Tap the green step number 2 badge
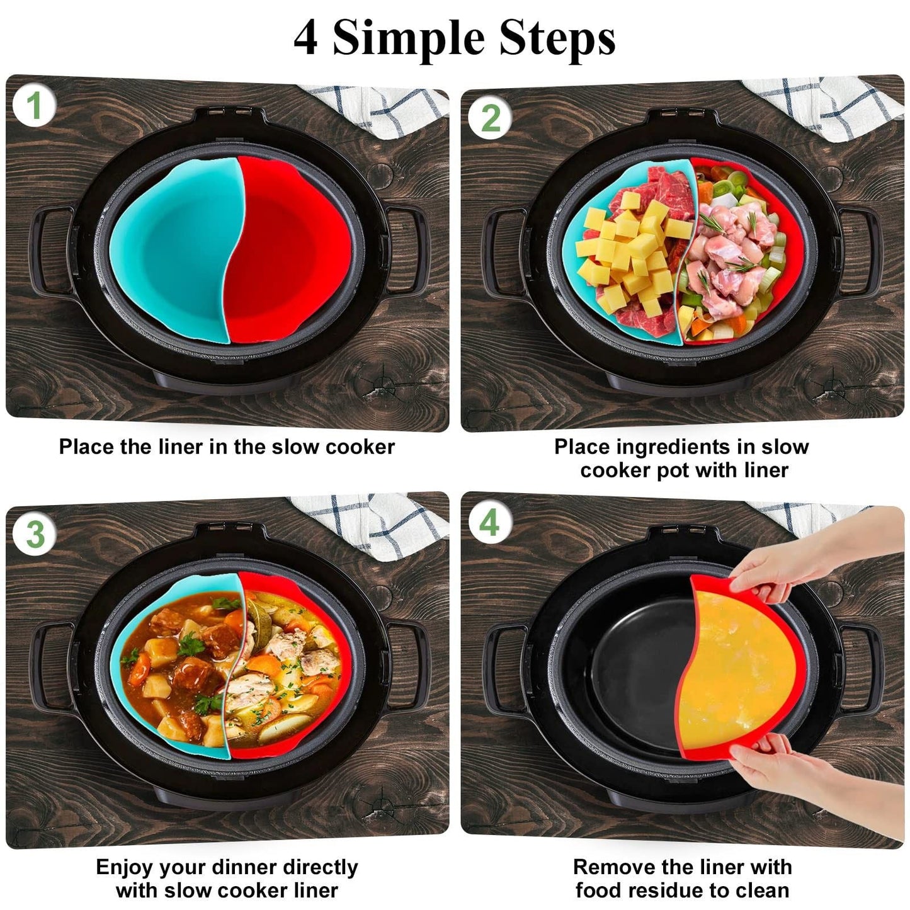click(x=491, y=118)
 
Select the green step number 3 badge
click(x=35, y=534)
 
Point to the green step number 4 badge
click(x=490, y=523)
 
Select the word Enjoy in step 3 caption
click(x=124, y=867)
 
